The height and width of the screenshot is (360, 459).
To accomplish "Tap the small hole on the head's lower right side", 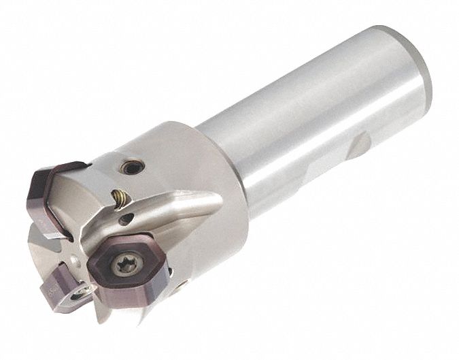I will (178, 287).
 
